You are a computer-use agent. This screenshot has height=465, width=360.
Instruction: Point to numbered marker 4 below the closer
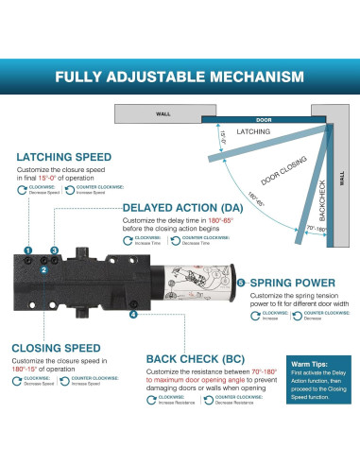coord(133,314)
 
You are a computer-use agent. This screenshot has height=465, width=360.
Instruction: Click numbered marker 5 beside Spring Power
coord(241,282)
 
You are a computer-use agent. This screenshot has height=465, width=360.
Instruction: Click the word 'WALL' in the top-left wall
coord(163,112)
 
